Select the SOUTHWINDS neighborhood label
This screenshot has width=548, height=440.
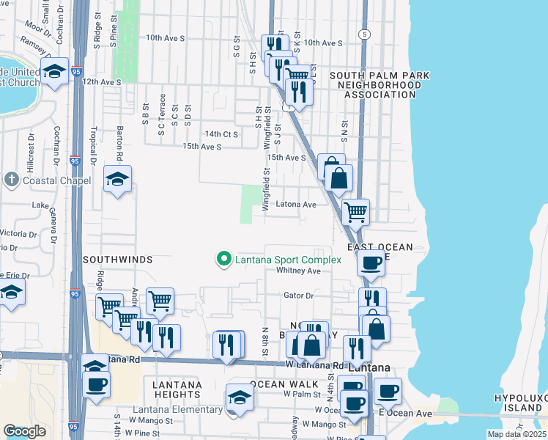[117, 260]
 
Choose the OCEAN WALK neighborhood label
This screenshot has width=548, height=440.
[284, 384]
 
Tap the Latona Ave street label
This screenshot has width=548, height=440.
[295, 205]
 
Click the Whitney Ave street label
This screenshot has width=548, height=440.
[299, 271]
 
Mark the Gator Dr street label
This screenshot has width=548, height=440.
[298, 296]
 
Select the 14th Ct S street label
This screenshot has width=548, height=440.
[222, 134]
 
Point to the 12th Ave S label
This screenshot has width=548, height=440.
[102, 82]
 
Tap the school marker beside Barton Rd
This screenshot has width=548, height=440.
[117, 180]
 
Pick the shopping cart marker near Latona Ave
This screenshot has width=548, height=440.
[355, 213]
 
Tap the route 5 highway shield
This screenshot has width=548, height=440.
[363, 34]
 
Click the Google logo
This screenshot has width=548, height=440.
[25, 431]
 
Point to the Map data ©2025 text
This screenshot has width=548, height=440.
[516, 434]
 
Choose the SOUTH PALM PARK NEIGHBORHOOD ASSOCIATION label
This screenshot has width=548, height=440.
[379, 85]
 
